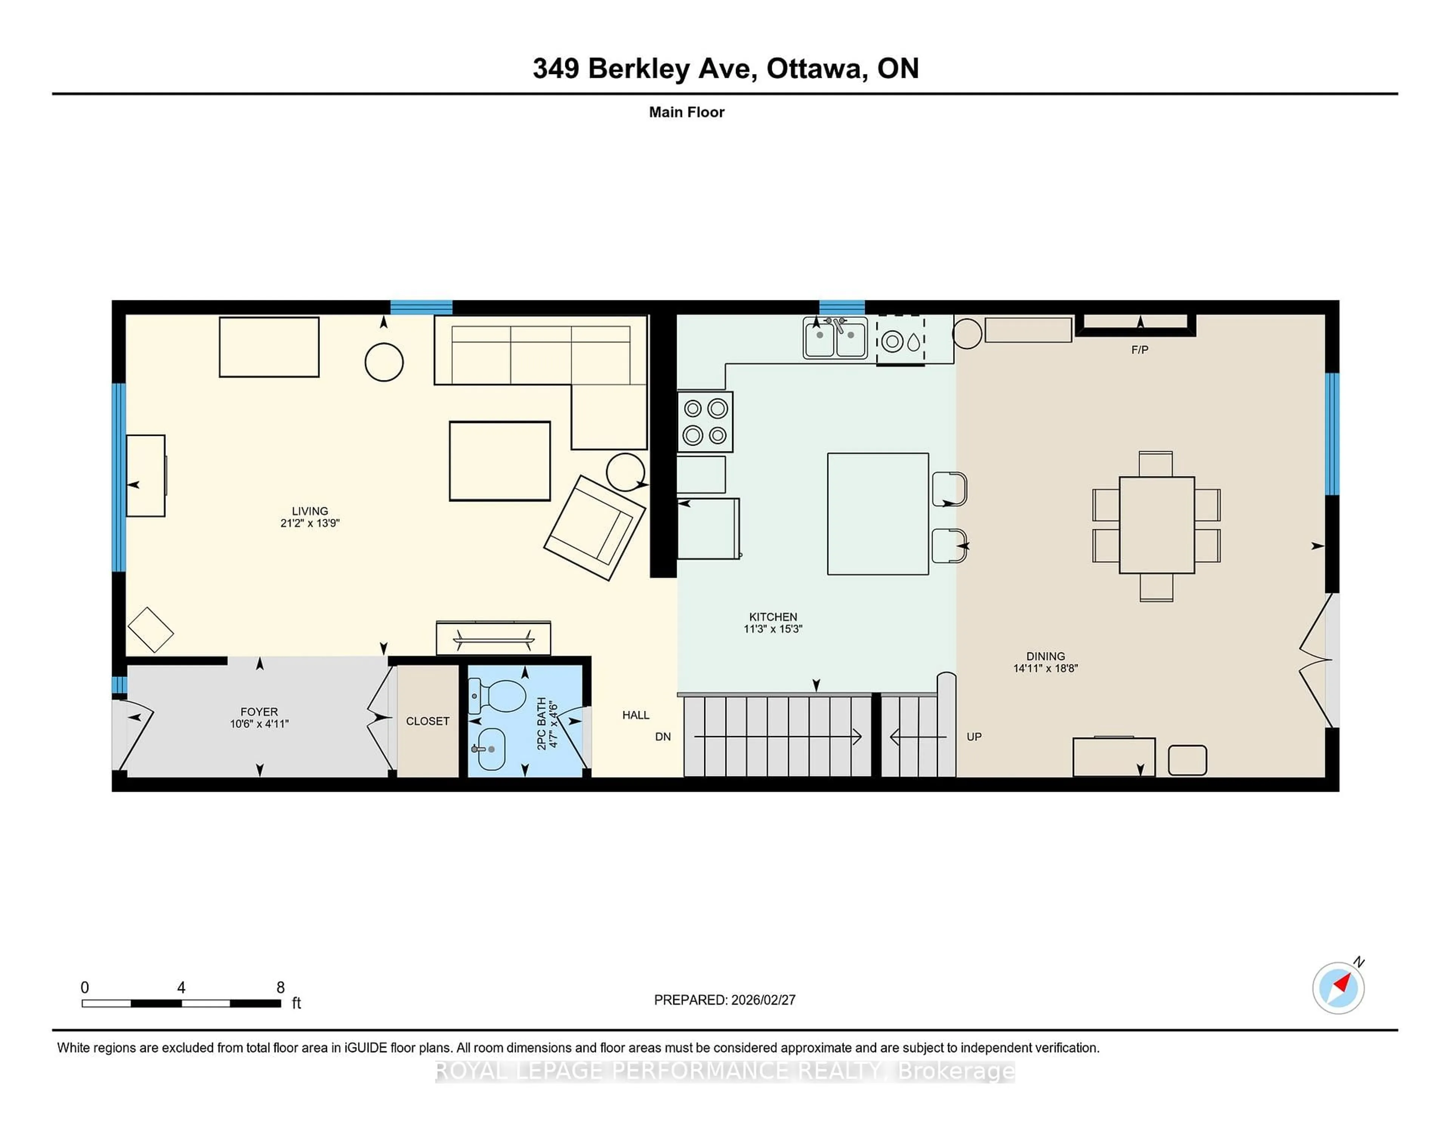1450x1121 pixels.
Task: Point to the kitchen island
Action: (x=877, y=513)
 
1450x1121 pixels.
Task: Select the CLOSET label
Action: (x=427, y=721)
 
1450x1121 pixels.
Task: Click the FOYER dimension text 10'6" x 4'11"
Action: (x=259, y=724)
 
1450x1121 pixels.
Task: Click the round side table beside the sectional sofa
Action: (x=384, y=362)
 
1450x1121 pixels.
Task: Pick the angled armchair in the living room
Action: (x=594, y=528)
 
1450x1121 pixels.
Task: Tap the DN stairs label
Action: (x=663, y=737)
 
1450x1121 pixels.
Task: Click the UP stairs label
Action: (x=973, y=737)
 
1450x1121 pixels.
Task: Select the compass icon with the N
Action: (x=1338, y=988)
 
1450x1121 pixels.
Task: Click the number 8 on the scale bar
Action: (x=280, y=988)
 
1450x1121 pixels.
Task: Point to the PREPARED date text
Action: (x=724, y=999)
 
